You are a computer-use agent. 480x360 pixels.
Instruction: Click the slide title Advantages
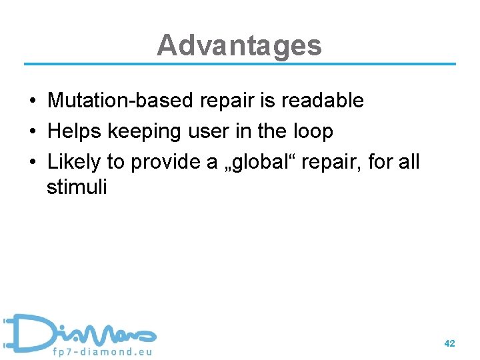(x=239, y=45)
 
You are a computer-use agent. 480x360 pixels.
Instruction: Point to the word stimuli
(x=77, y=187)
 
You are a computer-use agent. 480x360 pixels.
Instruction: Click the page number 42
(x=449, y=343)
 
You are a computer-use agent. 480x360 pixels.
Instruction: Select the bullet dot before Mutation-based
(x=32, y=101)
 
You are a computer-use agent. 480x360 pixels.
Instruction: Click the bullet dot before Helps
(x=32, y=132)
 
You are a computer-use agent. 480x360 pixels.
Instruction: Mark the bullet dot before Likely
(x=32, y=163)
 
